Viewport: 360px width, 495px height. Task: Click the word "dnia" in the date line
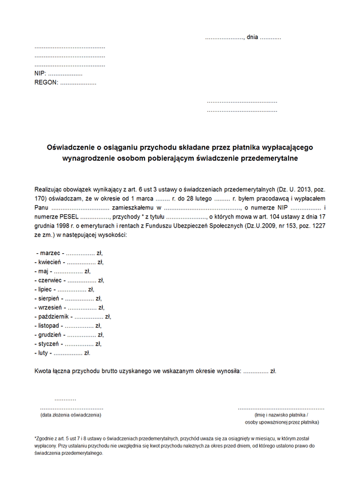pos(252,37)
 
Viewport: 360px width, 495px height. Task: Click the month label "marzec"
pos(50,254)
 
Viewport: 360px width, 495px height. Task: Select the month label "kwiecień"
pos(50,262)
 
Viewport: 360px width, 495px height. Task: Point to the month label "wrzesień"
pos(51,308)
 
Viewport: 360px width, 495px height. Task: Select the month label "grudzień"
pos(50,335)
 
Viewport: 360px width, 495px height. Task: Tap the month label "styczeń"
pos(49,344)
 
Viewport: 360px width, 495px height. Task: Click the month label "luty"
pos(44,353)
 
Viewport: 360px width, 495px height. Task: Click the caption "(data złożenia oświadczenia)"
pos(71,415)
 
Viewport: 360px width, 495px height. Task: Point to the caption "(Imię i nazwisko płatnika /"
pos(281,415)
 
